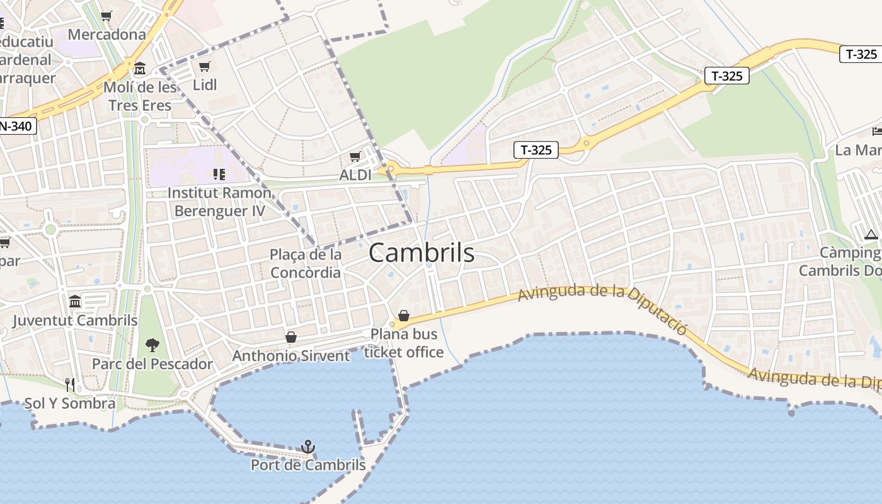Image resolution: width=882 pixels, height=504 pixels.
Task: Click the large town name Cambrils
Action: [421, 253]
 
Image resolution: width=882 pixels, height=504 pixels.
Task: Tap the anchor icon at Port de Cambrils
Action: [308, 447]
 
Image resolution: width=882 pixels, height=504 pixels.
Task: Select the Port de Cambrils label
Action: [308, 465]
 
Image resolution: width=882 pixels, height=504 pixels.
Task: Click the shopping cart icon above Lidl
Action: [204, 66]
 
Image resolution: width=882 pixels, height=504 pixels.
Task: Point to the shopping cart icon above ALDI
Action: [355, 156]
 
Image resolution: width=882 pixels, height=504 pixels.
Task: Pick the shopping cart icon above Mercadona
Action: [106, 16]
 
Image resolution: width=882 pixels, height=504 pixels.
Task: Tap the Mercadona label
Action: [106, 34]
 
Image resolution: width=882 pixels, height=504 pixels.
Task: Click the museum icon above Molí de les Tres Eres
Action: [140, 68]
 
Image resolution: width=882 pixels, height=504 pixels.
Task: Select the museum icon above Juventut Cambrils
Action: [75, 301]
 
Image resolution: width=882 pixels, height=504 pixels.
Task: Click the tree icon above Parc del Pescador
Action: [152, 345]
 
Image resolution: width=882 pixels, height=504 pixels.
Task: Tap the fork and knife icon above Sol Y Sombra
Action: [70, 384]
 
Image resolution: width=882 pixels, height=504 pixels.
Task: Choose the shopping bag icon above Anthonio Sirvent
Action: [291, 337]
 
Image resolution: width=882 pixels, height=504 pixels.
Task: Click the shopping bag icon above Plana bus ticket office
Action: [404, 315]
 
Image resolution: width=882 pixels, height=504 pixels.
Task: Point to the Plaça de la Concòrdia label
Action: [306, 263]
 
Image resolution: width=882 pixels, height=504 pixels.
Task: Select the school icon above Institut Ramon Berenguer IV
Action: [219, 174]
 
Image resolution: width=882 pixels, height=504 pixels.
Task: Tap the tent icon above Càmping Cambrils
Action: [871, 234]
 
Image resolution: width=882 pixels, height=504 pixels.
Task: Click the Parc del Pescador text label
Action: [152, 364]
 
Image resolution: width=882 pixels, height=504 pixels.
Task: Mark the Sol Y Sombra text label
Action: [70, 403]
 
